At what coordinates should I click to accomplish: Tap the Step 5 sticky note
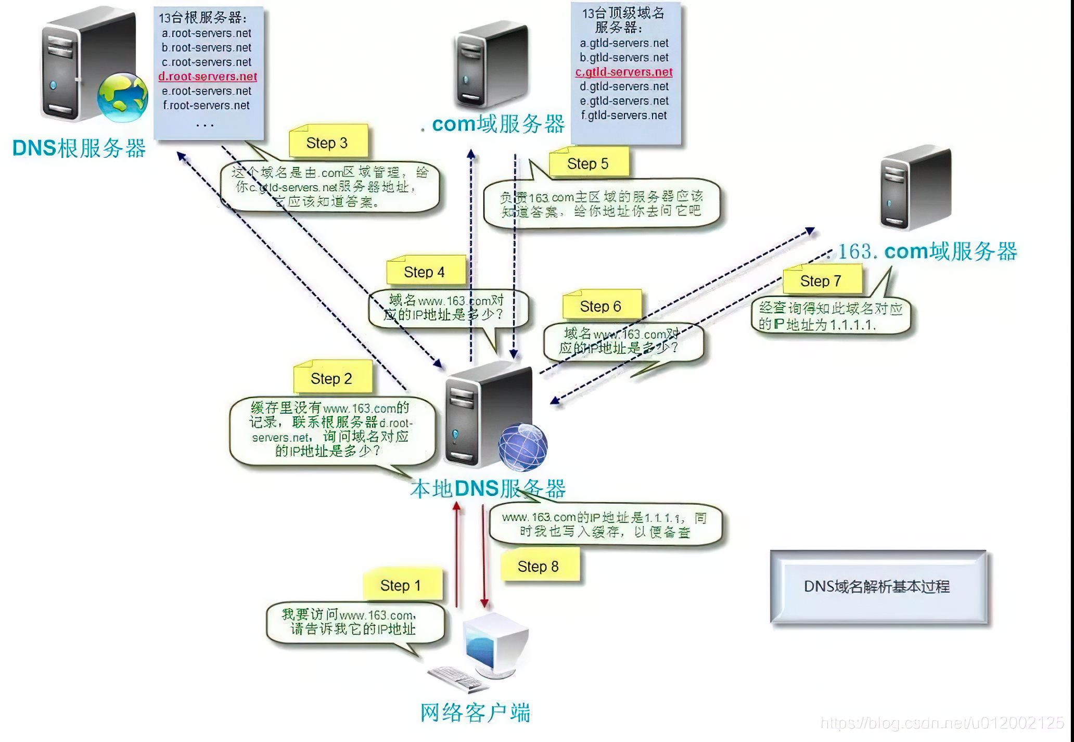[589, 163]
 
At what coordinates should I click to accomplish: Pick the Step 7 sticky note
[822, 281]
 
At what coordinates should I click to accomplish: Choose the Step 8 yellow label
[539, 566]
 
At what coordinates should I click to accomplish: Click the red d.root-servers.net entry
[208, 76]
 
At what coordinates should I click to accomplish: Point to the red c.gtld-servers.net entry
[624, 72]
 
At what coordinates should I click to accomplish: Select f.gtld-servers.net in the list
[624, 116]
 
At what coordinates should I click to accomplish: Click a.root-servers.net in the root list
[207, 33]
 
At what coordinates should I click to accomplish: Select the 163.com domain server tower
[915, 187]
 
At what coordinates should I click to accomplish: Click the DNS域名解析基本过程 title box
[878, 586]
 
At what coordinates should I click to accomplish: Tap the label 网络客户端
[475, 712]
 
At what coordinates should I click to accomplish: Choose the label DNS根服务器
[79, 148]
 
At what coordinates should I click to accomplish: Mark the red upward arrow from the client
[457, 554]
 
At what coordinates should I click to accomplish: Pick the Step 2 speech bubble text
[331, 429]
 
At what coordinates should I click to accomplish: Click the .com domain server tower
[491, 65]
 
